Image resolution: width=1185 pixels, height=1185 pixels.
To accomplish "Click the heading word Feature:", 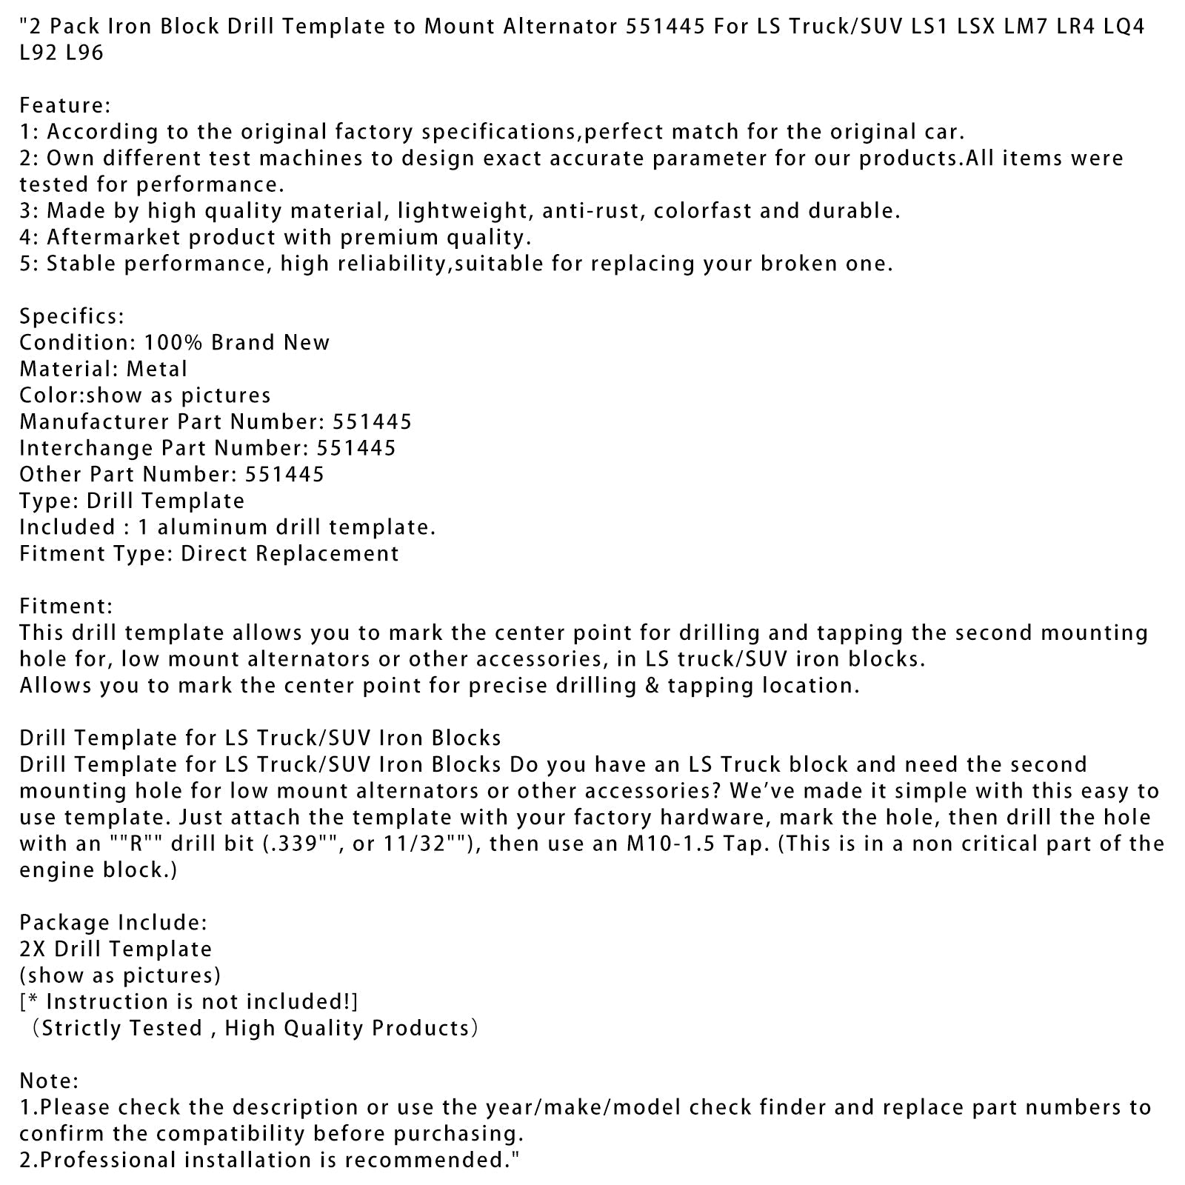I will point(64,105).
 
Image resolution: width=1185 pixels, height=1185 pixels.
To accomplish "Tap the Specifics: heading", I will point(72,316).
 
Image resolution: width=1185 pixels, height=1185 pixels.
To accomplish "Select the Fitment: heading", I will point(66,606).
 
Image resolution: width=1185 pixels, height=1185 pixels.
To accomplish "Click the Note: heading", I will point(49,1081).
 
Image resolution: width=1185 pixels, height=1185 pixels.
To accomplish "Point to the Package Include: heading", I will point(113,922).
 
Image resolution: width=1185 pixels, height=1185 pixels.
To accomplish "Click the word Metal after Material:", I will point(157,369).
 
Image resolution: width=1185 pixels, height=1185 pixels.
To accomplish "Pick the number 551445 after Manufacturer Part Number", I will point(372,421).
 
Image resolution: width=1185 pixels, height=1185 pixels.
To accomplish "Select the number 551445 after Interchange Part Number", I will point(356,448).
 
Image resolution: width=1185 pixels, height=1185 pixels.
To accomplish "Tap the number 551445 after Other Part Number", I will point(285,474).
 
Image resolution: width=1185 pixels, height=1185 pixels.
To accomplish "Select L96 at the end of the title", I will point(84,53).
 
